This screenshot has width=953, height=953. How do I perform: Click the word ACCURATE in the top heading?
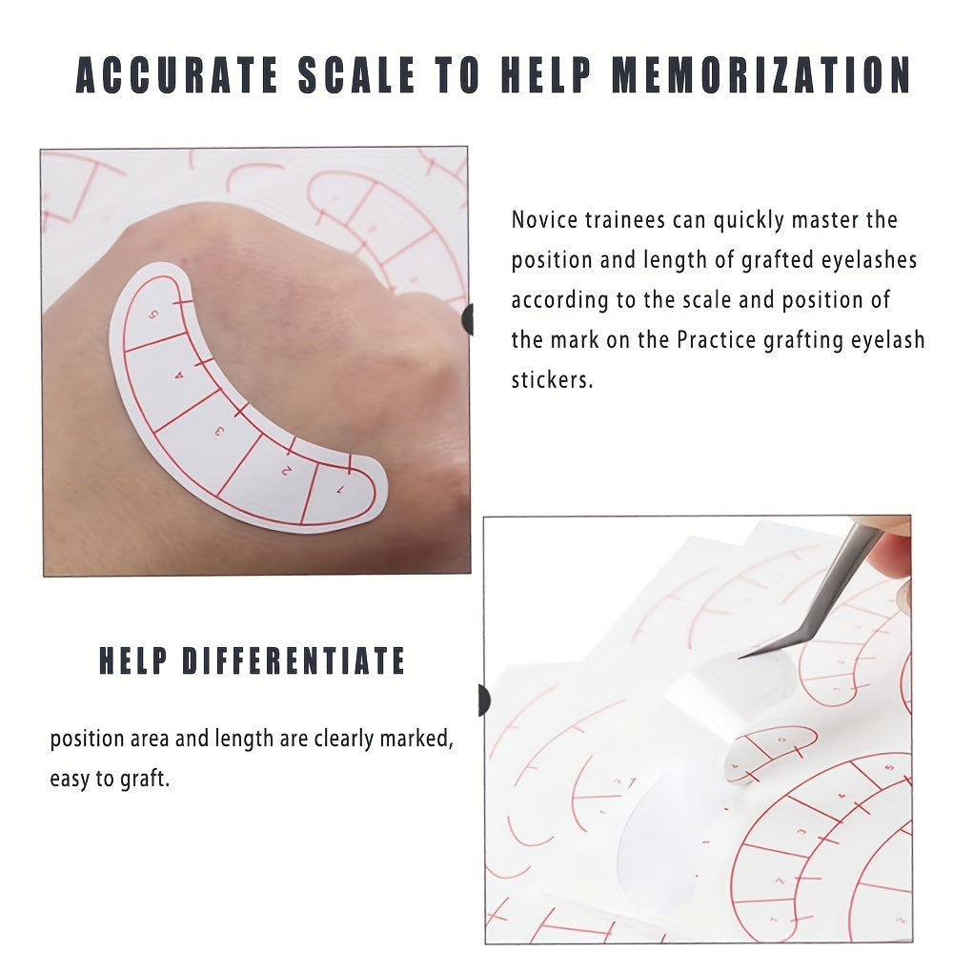point(177,75)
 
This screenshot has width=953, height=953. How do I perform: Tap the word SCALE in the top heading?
point(356,75)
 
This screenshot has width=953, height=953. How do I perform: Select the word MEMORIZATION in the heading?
point(760,75)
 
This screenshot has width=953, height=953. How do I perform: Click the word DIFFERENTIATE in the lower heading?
point(294,660)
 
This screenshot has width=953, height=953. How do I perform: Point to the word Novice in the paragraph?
point(544,219)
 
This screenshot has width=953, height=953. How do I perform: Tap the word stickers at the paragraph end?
point(552,380)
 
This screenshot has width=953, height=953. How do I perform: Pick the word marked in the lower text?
point(416,740)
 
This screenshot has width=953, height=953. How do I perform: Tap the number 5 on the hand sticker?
point(154,314)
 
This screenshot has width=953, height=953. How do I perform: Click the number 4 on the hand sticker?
point(179,375)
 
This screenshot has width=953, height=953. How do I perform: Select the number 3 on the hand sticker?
point(219,432)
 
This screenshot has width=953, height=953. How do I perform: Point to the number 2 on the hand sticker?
point(286,470)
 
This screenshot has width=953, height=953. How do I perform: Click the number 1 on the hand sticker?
point(341,489)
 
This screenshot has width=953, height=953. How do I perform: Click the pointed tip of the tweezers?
point(740,658)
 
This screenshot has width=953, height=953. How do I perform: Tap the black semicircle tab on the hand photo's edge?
point(467,319)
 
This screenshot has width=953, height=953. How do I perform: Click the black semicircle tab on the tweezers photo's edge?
point(484,700)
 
